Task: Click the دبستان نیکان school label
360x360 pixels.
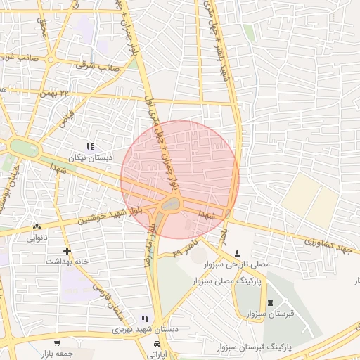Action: click(90, 158)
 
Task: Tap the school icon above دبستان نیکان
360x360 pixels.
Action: click(90, 146)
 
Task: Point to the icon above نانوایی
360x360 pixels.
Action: click(37, 226)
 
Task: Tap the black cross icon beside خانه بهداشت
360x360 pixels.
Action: click(67, 251)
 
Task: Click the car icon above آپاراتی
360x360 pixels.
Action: click(157, 345)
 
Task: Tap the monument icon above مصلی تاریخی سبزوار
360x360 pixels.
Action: click(237, 253)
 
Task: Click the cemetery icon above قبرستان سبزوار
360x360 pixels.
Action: click(271, 302)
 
